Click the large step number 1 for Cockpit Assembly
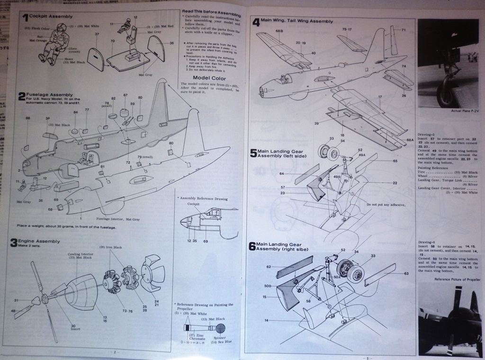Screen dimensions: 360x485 click(x=25, y=18)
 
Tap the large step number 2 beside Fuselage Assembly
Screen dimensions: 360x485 click(x=22, y=97)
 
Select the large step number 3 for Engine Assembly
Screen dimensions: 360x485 click(x=15, y=243)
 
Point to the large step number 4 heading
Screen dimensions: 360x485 click(x=256, y=22)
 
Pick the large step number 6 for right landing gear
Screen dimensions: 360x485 click(x=252, y=246)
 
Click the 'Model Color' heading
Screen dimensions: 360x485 click(x=209, y=78)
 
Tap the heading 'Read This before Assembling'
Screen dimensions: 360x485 click(x=211, y=13)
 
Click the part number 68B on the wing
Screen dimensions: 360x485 click(x=279, y=31)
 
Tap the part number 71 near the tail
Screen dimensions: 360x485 click(x=404, y=30)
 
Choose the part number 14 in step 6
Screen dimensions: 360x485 click(x=266, y=321)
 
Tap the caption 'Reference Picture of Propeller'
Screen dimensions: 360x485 click(x=457, y=279)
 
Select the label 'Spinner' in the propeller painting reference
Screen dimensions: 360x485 click(x=220, y=337)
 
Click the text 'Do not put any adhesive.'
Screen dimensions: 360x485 click(x=386, y=205)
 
